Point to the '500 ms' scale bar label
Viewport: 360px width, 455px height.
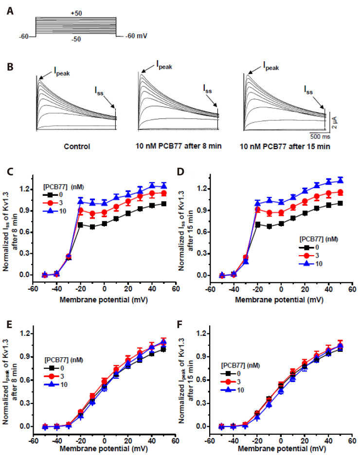322,137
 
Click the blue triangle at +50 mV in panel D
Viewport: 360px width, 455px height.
341,179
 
